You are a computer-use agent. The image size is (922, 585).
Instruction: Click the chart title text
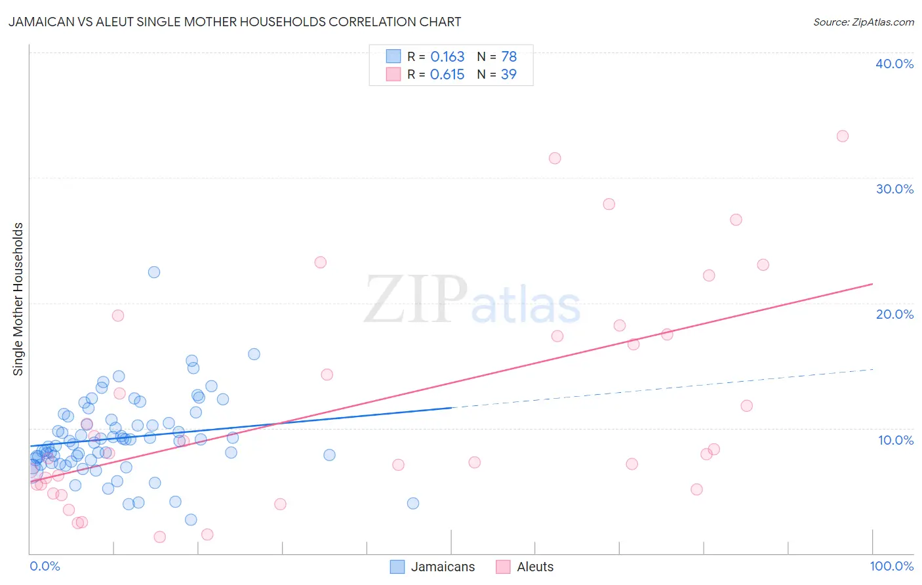pyautogui.click(x=235, y=22)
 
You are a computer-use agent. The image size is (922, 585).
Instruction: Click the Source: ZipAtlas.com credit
pyautogui.click(x=863, y=22)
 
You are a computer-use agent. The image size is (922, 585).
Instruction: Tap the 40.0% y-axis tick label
pyautogui.click(x=894, y=64)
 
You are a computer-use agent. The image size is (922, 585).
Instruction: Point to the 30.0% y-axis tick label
pyautogui.click(x=894, y=189)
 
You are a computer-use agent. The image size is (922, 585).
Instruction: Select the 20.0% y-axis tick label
pyautogui.click(x=894, y=314)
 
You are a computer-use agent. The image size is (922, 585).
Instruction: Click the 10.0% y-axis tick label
pyautogui.click(x=896, y=440)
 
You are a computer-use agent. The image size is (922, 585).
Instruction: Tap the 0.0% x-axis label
pyautogui.click(x=45, y=566)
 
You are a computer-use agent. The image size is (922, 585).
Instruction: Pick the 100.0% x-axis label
pyautogui.click(x=891, y=566)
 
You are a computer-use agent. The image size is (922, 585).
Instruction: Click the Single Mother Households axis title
pyautogui.click(x=18, y=299)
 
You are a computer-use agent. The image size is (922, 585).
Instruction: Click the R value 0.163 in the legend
pyautogui.click(x=447, y=56)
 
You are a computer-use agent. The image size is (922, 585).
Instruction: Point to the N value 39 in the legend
pyautogui.click(x=508, y=74)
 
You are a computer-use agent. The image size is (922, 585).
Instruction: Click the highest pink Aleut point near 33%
pyautogui.click(x=843, y=136)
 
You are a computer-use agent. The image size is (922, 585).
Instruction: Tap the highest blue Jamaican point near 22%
pyautogui.click(x=154, y=272)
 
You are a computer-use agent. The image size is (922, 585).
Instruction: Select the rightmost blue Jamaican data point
pyautogui.click(x=412, y=503)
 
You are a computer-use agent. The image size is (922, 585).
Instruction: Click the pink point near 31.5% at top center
pyautogui.click(x=555, y=158)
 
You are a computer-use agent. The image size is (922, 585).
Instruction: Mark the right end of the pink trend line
pyautogui.click(x=873, y=283)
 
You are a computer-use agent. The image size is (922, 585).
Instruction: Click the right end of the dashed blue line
pyautogui.click(x=873, y=369)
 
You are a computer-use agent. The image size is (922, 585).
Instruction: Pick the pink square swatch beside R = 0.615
pyautogui.click(x=393, y=74)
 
